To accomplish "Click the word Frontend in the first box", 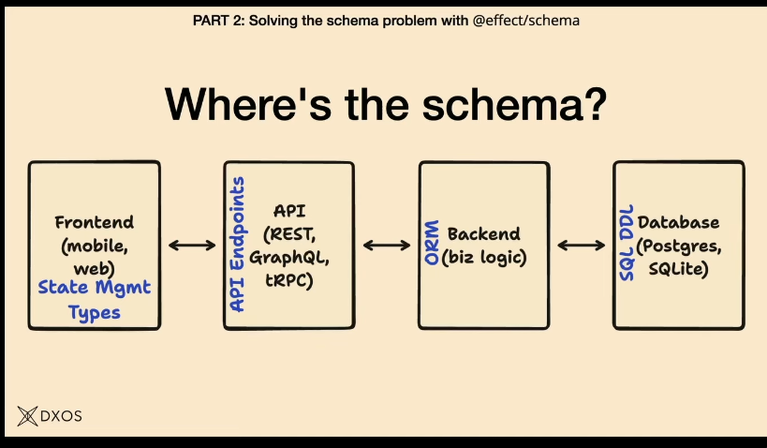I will click(x=94, y=223).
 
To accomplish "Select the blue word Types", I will click(x=94, y=312).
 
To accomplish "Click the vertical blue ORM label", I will click(x=432, y=245).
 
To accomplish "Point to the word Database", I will click(x=678, y=223).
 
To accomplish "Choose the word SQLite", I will click(x=678, y=268).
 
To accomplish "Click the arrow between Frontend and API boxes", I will click(x=192, y=246).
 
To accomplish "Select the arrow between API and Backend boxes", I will click(x=387, y=246).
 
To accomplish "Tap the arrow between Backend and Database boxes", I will click(x=582, y=246).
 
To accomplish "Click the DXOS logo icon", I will click(x=26, y=415).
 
